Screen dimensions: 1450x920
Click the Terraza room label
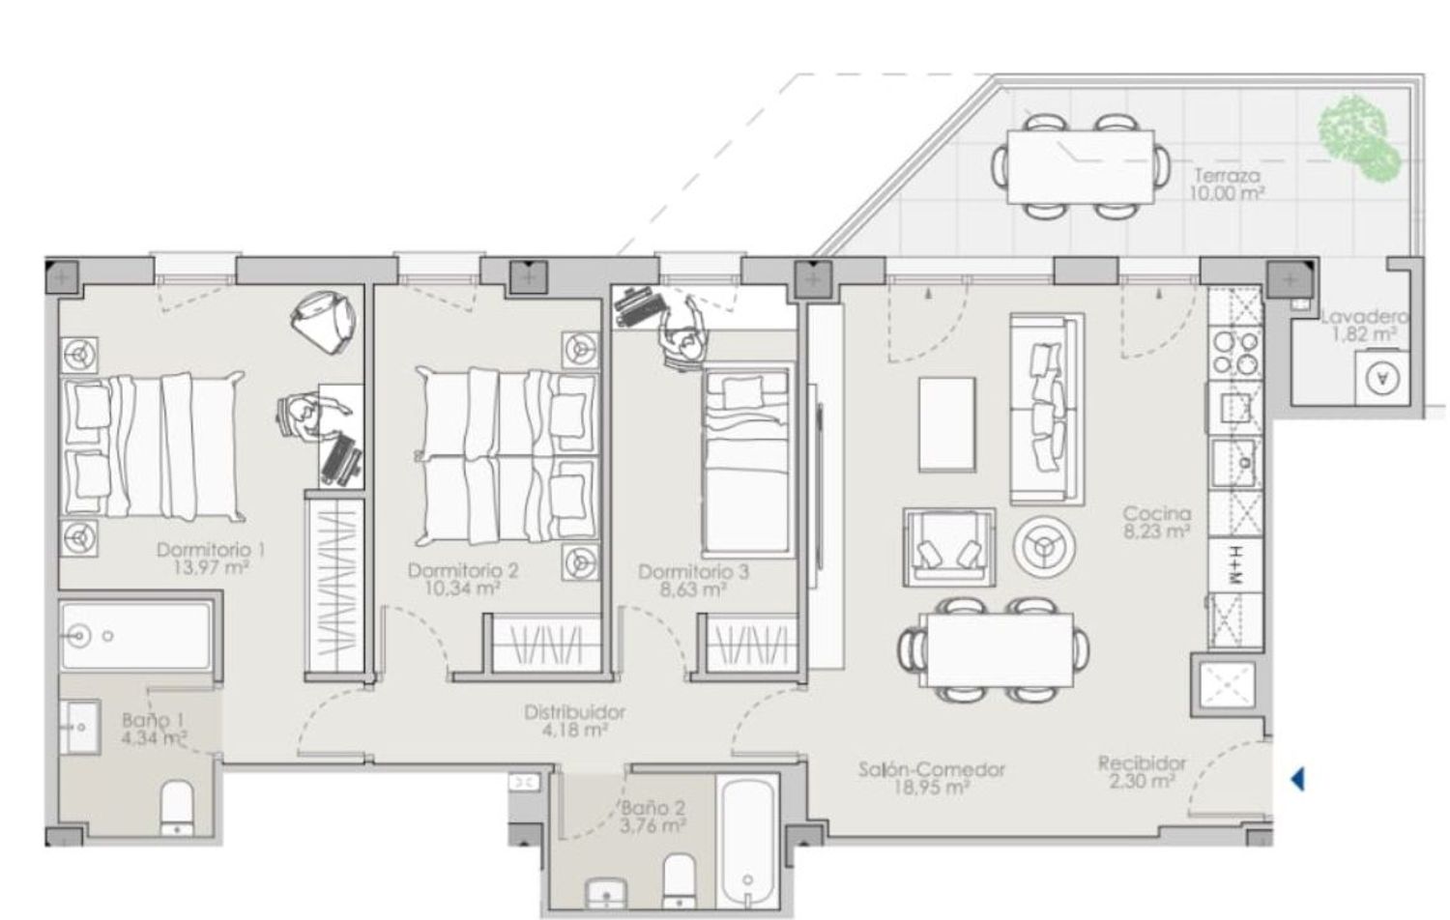point(1228,175)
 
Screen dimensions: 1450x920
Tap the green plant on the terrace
point(1358,138)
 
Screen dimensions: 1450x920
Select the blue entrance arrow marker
point(1297,779)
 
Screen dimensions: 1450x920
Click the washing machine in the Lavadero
point(1382,378)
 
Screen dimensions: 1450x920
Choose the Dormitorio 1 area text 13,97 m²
point(211,568)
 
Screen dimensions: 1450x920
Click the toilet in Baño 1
point(176,808)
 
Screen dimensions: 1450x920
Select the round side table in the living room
point(1045,547)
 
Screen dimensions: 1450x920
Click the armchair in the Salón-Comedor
point(949,547)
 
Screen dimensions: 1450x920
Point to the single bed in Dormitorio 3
point(746,462)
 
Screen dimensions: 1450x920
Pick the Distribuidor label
point(575,712)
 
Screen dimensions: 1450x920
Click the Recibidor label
point(1142,763)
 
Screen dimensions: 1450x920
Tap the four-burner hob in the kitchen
point(1235,353)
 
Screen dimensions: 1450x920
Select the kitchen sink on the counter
point(1235,463)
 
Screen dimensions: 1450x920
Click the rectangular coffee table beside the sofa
point(947,424)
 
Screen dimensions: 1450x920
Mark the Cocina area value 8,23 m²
point(1157,532)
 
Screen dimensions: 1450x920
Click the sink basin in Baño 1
point(79,727)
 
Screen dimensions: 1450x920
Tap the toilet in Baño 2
point(679,881)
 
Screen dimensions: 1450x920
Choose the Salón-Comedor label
point(932,769)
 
